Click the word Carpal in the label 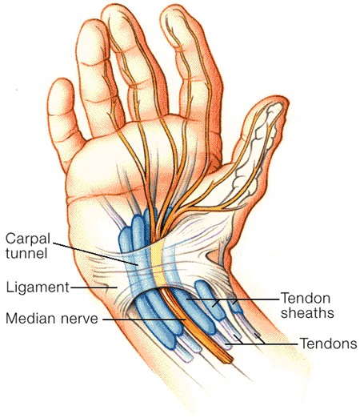click(x=28, y=239)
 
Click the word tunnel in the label click(x=26, y=253)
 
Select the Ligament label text click(x=38, y=288)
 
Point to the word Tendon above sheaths click(x=306, y=298)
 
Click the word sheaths click(x=307, y=312)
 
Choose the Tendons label click(x=329, y=344)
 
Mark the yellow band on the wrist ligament click(x=158, y=263)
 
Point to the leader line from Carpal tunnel click(x=95, y=254)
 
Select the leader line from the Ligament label click(x=94, y=287)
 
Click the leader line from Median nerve click(x=144, y=320)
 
